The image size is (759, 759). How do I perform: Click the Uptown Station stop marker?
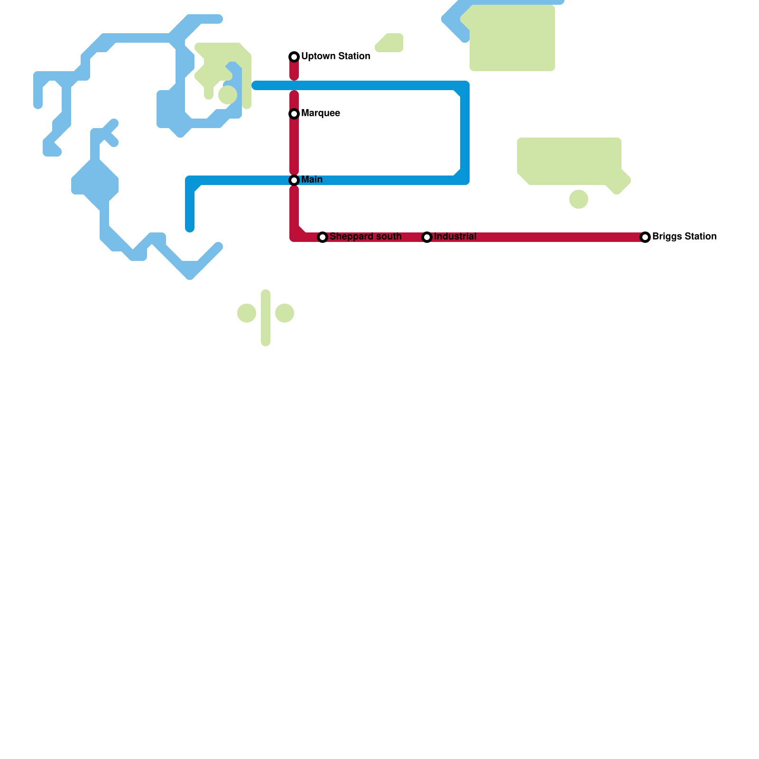(x=294, y=57)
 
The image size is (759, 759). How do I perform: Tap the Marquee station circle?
(x=294, y=114)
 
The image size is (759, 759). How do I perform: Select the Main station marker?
(x=294, y=180)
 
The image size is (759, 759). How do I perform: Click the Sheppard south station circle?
(x=323, y=237)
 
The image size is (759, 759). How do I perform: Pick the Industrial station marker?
(x=427, y=237)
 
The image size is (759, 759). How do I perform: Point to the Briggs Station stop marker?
(x=645, y=237)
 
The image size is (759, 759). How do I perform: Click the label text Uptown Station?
(x=335, y=56)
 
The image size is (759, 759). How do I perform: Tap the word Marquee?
(x=320, y=113)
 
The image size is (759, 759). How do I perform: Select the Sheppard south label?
(x=365, y=237)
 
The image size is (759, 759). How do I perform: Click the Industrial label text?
(x=455, y=237)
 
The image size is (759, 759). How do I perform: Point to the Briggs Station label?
(x=684, y=237)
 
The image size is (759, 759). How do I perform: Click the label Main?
(x=312, y=180)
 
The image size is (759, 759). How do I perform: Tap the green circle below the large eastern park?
(x=579, y=199)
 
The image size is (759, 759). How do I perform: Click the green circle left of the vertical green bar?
(x=247, y=313)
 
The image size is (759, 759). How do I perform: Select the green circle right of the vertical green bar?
(x=285, y=313)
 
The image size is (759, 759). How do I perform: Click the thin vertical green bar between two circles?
(x=266, y=318)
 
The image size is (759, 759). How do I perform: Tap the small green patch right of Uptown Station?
(x=390, y=43)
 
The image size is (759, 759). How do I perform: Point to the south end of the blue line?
(x=190, y=228)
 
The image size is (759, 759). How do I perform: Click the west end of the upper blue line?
(x=256, y=85)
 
